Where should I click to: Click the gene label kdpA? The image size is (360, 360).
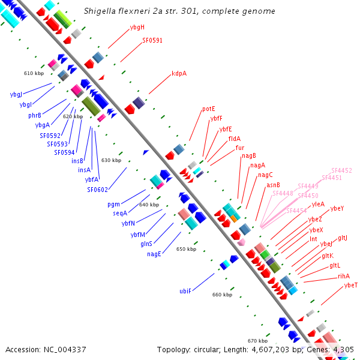[179, 74]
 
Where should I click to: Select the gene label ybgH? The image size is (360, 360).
[137, 28]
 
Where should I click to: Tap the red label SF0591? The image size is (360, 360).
[152, 41]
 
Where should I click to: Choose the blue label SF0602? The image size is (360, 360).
[97, 190]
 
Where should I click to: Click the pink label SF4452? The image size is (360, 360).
[341, 170]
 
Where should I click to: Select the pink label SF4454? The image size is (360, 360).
[296, 211]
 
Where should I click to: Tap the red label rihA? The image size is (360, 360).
[344, 276]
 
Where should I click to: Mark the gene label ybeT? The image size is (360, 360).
[351, 285]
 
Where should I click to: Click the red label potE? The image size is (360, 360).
[209, 109]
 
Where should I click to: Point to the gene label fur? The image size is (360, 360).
[240, 148]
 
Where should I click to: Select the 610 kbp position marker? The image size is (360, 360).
[34, 73]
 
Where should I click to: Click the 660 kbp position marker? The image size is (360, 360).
[222, 295]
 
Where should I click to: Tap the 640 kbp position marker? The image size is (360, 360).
[149, 205]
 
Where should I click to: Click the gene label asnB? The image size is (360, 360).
[273, 185]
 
